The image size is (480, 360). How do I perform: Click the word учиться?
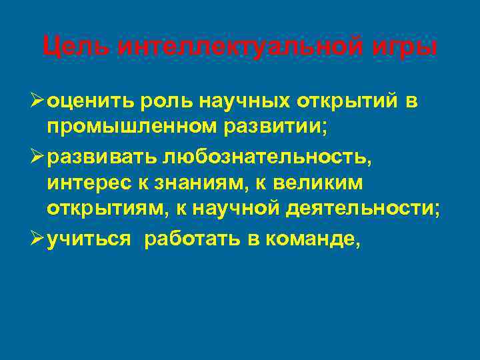tap(89, 239)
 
